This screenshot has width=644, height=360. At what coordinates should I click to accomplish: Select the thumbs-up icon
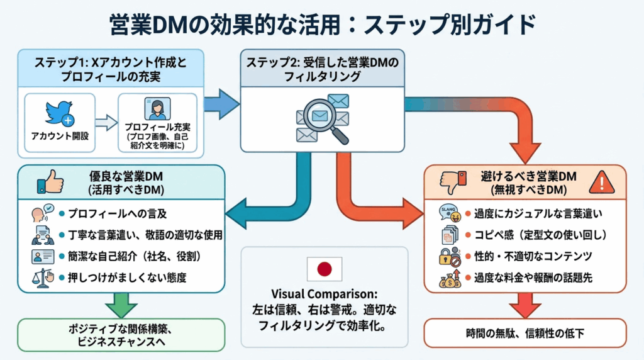point(50,183)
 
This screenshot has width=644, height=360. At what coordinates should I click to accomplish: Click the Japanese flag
point(324,269)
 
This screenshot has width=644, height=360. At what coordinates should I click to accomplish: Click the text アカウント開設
point(59,135)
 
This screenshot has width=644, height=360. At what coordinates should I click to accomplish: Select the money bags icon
point(451,278)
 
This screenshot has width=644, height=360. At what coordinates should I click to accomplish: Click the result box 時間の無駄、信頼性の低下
point(525,333)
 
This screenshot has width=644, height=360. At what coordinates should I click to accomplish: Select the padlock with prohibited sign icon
point(450,256)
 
